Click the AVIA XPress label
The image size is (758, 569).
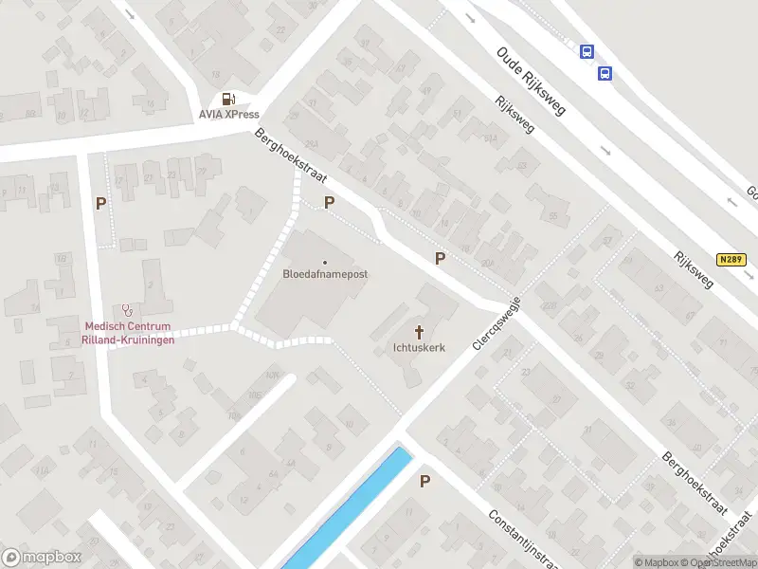(x=228, y=115)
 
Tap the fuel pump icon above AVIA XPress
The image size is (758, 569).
(x=228, y=99)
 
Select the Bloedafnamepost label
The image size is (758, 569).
(x=325, y=274)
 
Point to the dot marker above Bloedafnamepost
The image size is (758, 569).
(x=325, y=263)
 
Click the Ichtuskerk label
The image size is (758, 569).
(x=418, y=347)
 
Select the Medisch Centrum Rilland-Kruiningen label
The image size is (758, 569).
(x=124, y=333)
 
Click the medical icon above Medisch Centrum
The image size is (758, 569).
(x=124, y=310)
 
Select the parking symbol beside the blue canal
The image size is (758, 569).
(x=424, y=481)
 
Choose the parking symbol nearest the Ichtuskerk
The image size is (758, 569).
(x=440, y=258)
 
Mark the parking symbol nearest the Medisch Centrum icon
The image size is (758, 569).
(x=100, y=202)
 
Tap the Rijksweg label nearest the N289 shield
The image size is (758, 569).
(x=693, y=269)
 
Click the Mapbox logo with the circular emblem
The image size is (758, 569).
(x=42, y=559)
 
